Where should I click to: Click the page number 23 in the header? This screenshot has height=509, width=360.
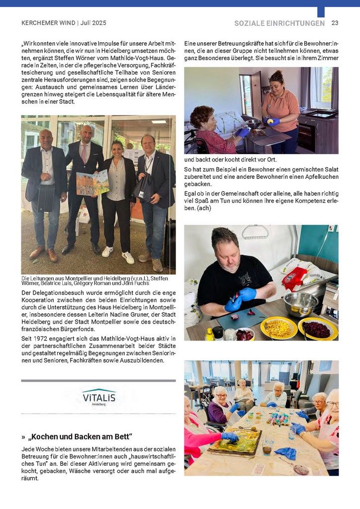tap(335, 23)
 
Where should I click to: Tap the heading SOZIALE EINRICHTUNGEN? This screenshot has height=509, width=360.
tap(280, 23)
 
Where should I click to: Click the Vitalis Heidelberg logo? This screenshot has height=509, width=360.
tap(98, 397)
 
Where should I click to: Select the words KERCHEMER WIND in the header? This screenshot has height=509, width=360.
tap(48, 23)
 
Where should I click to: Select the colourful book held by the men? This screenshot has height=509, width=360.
tap(92, 182)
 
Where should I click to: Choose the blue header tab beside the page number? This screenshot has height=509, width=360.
tap(321, 11)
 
